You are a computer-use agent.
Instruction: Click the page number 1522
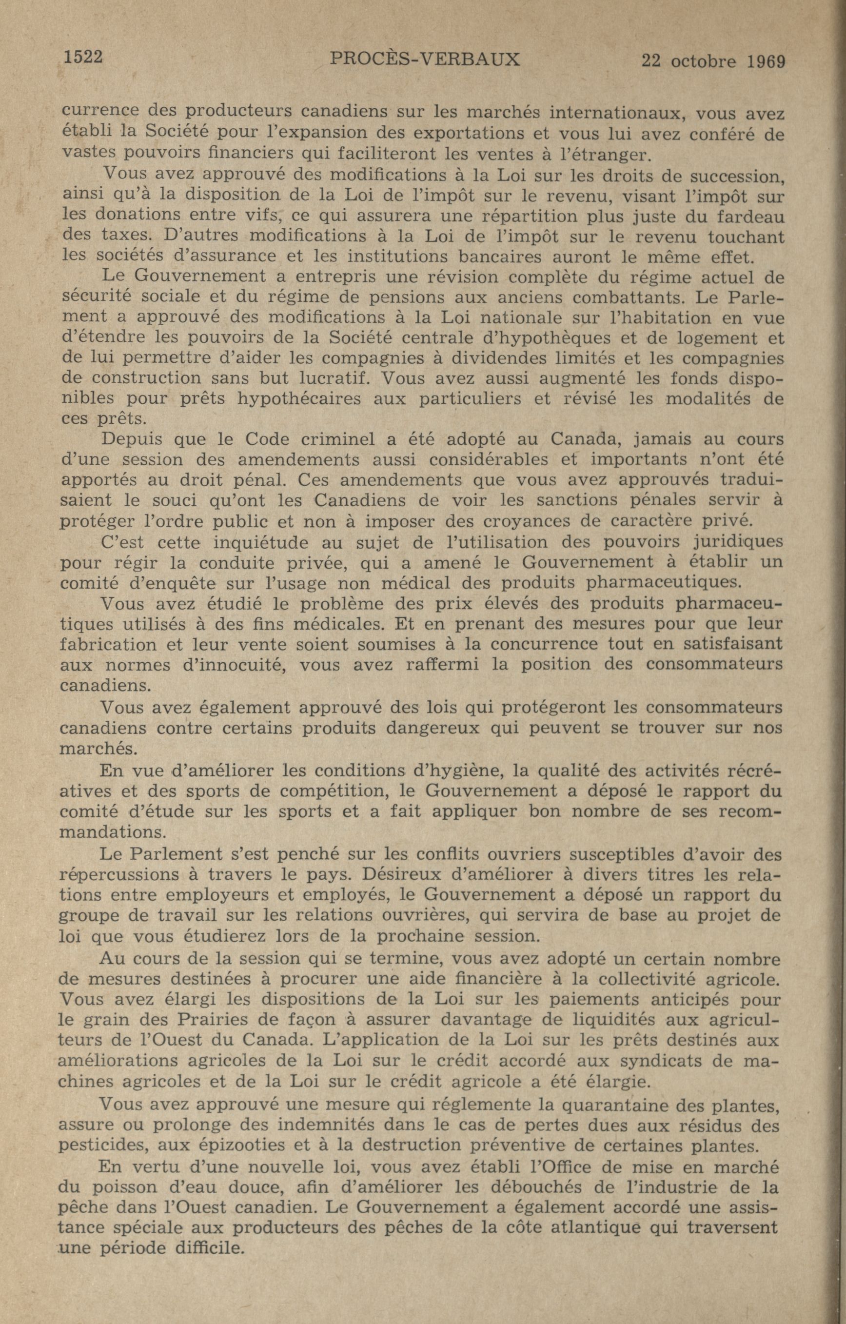83,57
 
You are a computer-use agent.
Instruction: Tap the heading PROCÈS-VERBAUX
424,59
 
